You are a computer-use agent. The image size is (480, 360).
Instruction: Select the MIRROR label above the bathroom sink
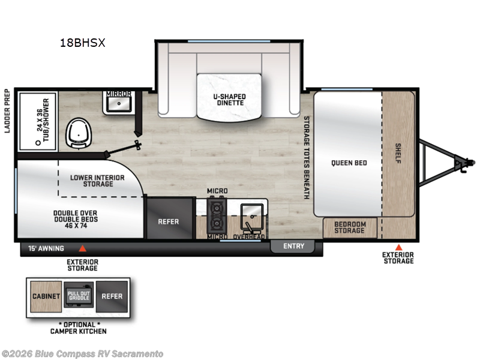click(119, 94)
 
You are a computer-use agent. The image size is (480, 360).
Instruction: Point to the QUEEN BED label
click(349, 163)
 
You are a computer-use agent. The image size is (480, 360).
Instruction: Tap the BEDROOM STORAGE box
click(350, 227)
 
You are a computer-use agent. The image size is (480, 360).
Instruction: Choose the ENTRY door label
click(293, 246)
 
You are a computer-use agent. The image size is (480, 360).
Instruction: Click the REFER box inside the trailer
click(168, 221)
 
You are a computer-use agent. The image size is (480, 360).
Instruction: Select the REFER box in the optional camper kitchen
click(112, 296)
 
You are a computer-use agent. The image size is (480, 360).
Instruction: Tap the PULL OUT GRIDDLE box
click(78, 296)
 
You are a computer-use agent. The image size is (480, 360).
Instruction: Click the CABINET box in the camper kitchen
click(46, 296)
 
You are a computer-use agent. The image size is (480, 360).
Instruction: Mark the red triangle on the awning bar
click(83, 248)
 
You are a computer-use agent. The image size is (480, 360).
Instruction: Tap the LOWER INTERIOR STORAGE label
click(97, 180)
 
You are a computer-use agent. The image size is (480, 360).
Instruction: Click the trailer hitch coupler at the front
click(464, 161)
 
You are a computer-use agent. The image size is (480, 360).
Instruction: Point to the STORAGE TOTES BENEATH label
click(306, 157)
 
